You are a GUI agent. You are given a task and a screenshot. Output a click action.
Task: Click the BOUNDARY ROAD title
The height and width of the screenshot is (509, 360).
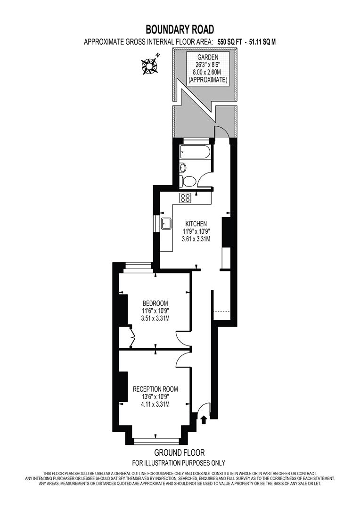pyautogui.click(x=180, y=30)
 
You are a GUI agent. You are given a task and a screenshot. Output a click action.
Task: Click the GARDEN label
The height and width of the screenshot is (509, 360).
pyautogui.click(x=208, y=57)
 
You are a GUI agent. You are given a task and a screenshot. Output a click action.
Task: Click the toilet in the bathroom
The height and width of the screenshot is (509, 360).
pyautogui.click(x=189, y=181)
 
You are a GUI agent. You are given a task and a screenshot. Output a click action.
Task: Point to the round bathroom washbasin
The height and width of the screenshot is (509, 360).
pyautogui.click(x=183, y=167)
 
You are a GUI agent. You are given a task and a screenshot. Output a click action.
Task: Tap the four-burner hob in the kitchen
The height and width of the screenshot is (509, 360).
pyautogui.click(x=185, y=198)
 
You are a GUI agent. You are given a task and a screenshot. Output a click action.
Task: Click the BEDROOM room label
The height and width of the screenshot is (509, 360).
pyautogui.click(x=155, y=303)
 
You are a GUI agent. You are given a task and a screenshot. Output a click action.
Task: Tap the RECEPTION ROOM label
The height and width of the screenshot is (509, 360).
pyautogui.click(x=155, y=389)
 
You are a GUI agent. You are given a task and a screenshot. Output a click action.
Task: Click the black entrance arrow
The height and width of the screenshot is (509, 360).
pyautogui.click(x=204, y=419)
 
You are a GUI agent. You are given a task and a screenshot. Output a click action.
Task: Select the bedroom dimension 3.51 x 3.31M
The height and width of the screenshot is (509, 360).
pyautogui.click(x=155, y=319)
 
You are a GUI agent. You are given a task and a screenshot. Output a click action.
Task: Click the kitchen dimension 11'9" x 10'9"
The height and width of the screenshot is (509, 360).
pyautogui.click(x=196, y=231)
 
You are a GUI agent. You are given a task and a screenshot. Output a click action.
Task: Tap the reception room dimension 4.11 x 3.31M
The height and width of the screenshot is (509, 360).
pyautogui.click(x=155, y=404)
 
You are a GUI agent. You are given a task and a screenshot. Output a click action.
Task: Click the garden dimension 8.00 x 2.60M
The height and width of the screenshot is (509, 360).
pyautogui.click(x=208, y=73)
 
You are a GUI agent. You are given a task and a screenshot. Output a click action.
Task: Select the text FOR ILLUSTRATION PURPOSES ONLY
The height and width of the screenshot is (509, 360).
pyautogui.click(x=179, y=463)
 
